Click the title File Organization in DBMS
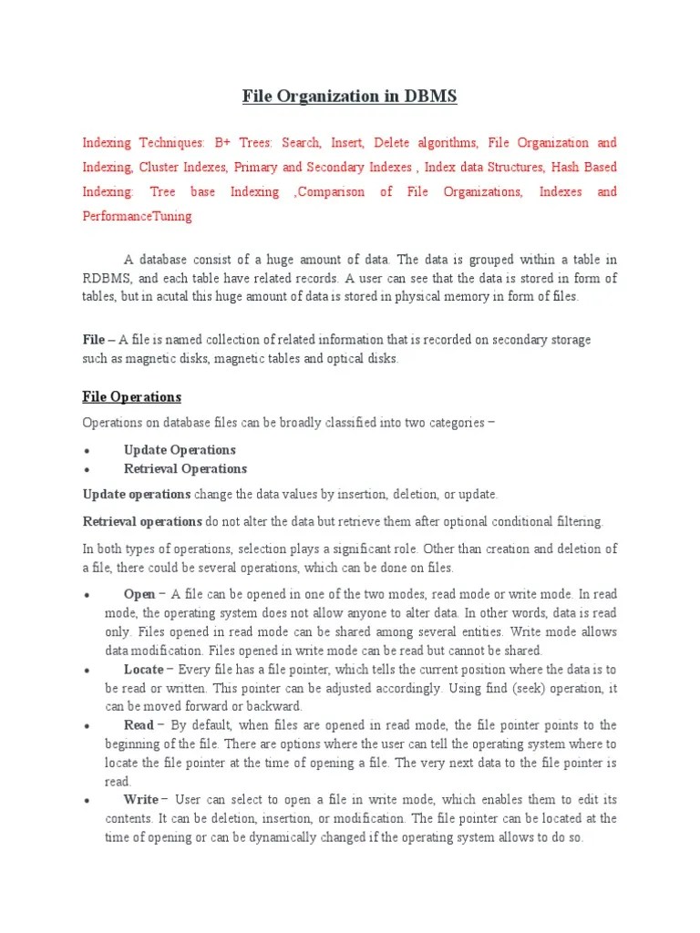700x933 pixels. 349,97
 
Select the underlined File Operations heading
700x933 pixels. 132,396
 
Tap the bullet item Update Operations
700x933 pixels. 180,450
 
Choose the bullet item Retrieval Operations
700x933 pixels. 185,469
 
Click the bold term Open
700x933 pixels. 139,593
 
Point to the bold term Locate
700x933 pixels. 143,669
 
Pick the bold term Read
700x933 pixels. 139,725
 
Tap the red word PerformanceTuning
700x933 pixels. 138,217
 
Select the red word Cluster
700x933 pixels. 160,168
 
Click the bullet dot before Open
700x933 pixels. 86,594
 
